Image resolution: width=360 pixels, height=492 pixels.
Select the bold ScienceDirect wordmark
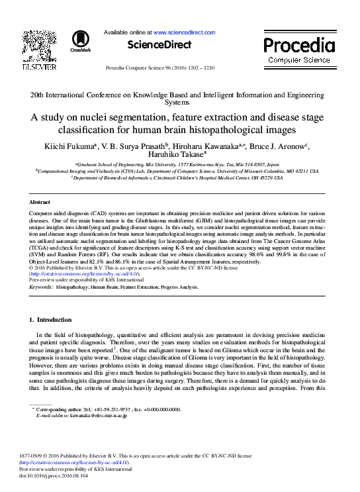(x=163, y=45)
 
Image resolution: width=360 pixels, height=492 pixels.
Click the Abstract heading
(x=40, y=201)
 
